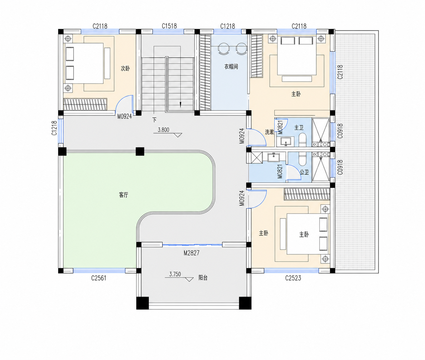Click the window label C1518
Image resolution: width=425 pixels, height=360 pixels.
(169, 26)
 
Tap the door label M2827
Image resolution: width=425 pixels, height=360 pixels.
(192, 253)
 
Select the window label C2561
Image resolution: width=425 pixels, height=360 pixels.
(99, 278)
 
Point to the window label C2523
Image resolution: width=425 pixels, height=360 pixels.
(293, 278)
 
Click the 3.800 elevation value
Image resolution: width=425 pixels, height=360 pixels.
(164, 130)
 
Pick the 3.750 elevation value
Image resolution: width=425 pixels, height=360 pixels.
(175, 274)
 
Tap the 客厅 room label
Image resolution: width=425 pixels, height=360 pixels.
(124, 195)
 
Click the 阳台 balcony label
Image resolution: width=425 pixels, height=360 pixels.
(203, 278)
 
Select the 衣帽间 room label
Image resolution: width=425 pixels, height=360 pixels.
(231, 66)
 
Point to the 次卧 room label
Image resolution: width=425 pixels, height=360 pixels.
(125, 68)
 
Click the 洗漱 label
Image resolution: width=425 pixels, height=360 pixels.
(269, 132)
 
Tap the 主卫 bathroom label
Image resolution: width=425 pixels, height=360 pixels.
(299, 127)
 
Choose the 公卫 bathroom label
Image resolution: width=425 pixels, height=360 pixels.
(304, 172)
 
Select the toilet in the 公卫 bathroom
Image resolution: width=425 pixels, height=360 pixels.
(302, 159)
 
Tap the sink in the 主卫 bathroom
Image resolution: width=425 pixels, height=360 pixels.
(286, 142)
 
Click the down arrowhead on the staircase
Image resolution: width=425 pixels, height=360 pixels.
(180, 105)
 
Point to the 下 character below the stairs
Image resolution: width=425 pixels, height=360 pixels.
(154, 120)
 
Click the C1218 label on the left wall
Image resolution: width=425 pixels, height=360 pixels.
(54, 128)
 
